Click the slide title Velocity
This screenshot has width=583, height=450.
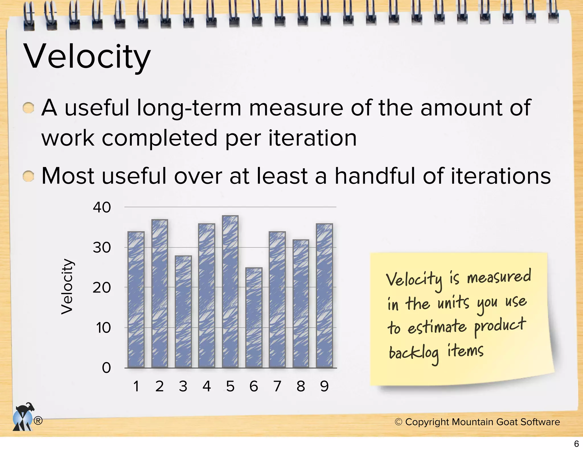88,57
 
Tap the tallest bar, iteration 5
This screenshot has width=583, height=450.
230,292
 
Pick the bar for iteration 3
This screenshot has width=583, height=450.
183,311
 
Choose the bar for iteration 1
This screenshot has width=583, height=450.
136,300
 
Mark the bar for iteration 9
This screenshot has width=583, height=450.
324,296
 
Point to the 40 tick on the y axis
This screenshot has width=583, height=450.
102,207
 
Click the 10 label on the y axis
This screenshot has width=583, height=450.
103,328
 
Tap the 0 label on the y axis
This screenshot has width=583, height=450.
106,368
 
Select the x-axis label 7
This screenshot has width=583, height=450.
277,386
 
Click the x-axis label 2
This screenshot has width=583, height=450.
159,386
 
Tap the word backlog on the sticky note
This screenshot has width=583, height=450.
414,354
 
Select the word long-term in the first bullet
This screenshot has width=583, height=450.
189,108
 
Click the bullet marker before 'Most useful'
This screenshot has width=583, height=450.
28,176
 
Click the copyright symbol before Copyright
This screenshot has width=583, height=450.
399,422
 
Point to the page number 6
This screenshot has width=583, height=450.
576,444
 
